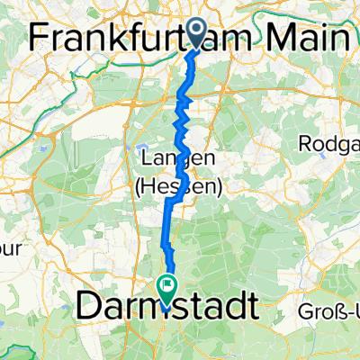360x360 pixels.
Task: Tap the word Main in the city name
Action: (310, 38)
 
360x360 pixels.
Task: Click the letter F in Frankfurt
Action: (39, 38)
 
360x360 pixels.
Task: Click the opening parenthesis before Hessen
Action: (143, 186)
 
